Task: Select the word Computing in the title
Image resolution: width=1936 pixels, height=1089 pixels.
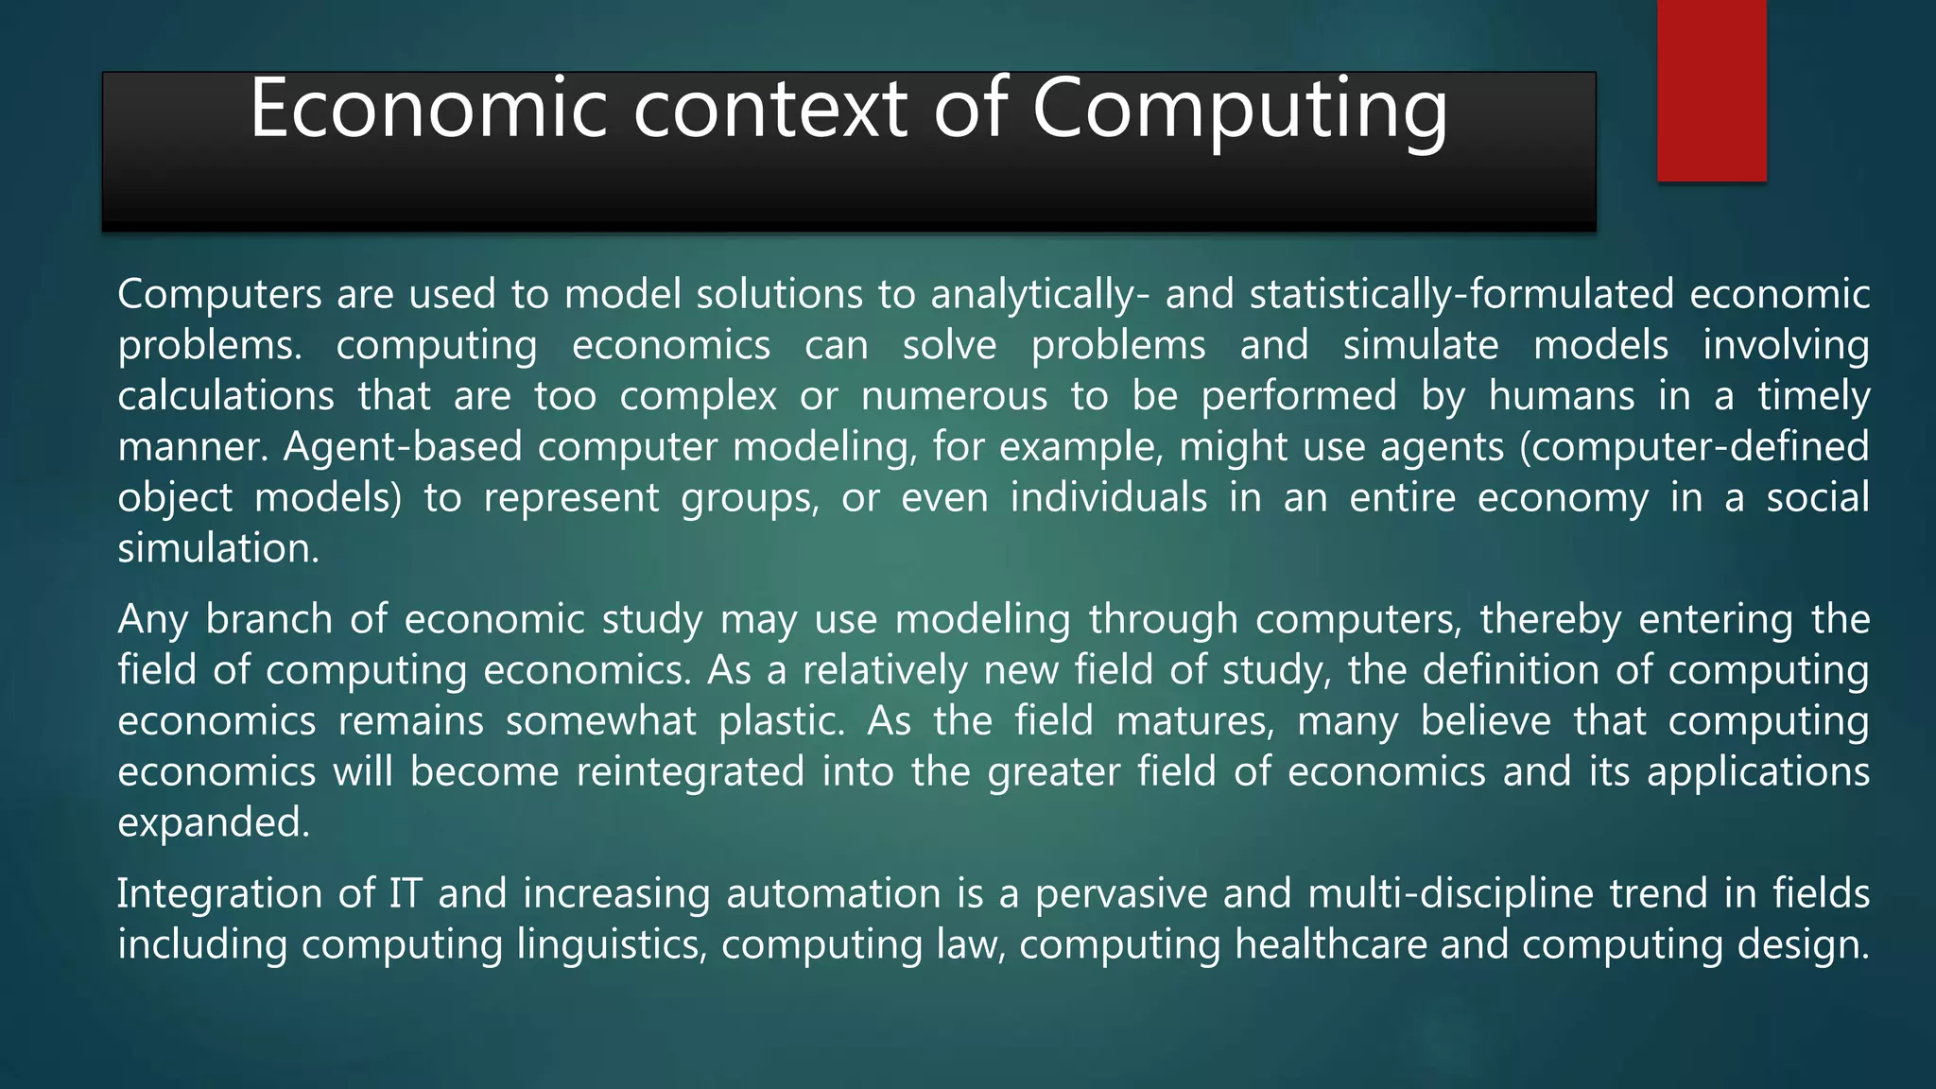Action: point(1239,112)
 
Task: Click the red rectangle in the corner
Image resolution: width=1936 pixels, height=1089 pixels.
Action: point(1711,90)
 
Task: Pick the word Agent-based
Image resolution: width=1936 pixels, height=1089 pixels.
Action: point(403,447)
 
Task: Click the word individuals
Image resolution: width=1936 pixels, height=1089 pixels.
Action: point(1108,498)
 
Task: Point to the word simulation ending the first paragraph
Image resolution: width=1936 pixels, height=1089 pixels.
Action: point(218,549)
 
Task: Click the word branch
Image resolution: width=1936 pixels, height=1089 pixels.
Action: point(268,620)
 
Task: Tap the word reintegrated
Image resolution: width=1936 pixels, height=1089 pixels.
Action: point(690,772)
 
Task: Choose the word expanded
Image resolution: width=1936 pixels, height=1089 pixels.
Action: point(214,823)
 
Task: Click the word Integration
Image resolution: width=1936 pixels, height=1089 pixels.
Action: point(219,894)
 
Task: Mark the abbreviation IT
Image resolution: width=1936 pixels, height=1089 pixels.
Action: point(406,894)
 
